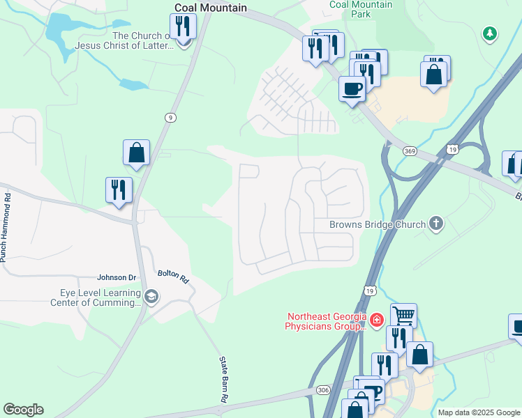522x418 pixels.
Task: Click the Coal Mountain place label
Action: click(210, 8)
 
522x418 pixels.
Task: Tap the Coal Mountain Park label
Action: click(361, 9)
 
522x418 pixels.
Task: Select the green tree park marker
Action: click(490, 33)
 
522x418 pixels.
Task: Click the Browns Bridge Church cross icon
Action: click(436, 224)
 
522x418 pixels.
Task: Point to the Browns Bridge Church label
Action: click(377, 224)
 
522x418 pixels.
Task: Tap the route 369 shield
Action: click(410, 151)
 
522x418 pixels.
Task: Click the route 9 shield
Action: click(170, 118)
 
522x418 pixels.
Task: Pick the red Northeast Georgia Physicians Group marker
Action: click(376, 320)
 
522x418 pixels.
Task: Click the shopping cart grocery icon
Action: click(403, 316)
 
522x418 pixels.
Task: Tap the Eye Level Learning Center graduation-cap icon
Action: click(151, 297)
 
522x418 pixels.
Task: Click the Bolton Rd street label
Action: click(173, 277)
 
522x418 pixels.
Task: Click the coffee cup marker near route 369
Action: click(352, 89)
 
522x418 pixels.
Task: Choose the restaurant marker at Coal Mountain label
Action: click(184, 26)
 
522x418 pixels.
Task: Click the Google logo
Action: click(23, 410)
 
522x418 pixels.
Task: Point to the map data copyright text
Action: click(477, 412)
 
